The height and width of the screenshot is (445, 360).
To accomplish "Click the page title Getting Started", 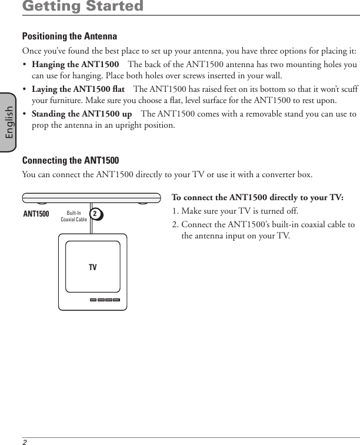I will tap(82, 7).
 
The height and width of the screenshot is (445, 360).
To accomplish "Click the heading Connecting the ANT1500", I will tap(70, 160).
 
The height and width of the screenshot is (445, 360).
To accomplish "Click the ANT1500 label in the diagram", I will tap(36, 214).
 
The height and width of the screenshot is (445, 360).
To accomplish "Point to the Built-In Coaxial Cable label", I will tap(74, 216).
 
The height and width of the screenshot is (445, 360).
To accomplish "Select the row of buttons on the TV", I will tap(105, 299).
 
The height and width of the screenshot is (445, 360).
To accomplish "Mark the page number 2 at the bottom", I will tap(25, 441).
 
